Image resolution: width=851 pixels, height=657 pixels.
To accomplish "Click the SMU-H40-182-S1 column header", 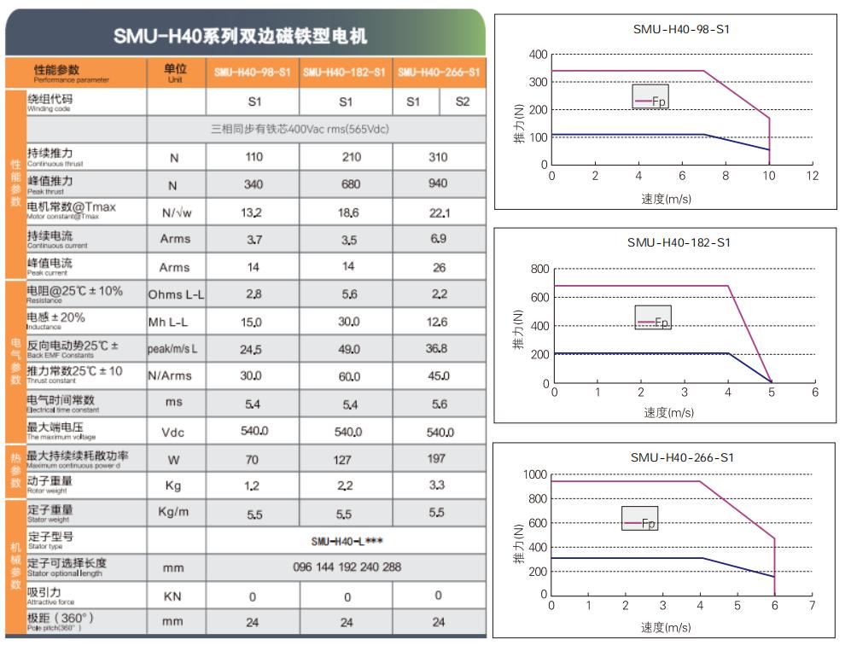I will pyautogui.click(x=345, y=73).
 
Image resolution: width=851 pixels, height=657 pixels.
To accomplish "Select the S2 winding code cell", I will pyautogui.click(x=463, y=102).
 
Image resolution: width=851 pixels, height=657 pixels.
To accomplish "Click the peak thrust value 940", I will pyautogui.click(x=439, y=184).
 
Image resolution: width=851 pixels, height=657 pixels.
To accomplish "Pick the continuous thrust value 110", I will pyautogui.click(x=254, y=157).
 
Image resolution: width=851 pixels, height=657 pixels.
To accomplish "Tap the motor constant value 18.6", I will pyautogui.click(x=346, y=212).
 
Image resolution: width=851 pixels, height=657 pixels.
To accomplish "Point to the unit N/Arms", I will pyautogui.click(x=176, y=375).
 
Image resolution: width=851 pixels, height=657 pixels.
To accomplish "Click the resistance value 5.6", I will pyautogui.click(x=346, y=294).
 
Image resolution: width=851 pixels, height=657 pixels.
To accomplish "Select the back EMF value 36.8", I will pyautogui.click(x=439, y=349).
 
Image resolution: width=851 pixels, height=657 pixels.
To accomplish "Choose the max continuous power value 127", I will pyautogui.click(x=346, y=459).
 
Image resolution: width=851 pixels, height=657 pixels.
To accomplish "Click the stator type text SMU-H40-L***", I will pyautogui.click(x=346, y=541).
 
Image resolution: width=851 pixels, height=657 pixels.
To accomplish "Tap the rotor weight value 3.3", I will pyautogui.click(x=439, y=485).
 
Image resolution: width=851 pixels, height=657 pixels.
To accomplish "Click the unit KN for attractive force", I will pyautogui.click(x=176, y=596).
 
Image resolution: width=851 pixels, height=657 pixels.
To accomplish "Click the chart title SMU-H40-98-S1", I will pyautogui.click(x=681, y=29).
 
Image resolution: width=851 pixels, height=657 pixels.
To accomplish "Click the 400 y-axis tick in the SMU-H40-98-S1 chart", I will pyautogui.click(x=539, y=55).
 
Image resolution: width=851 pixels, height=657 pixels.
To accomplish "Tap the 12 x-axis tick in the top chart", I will pyautogui.click(x=813, y=176).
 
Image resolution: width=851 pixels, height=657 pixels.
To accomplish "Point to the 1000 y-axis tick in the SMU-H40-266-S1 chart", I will pyautogui.click(x=535, y=474).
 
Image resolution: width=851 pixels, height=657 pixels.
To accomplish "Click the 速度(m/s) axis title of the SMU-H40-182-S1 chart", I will pyautogui.click(x=668, y=412).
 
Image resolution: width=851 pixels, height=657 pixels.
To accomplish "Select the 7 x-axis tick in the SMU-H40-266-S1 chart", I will pyautogui.click(x=812, y=606).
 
